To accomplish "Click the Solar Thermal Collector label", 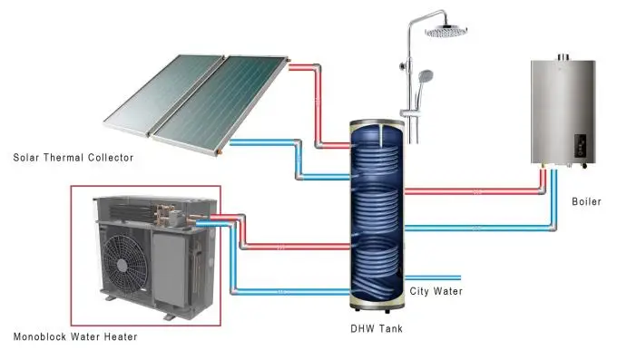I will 73,158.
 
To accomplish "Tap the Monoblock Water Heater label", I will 75,337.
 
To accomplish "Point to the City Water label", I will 436,292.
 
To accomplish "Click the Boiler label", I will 587,201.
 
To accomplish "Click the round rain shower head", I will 444,30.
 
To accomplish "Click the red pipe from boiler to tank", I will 472,191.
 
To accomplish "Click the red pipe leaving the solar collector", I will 309,66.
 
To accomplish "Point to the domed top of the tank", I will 376,122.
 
